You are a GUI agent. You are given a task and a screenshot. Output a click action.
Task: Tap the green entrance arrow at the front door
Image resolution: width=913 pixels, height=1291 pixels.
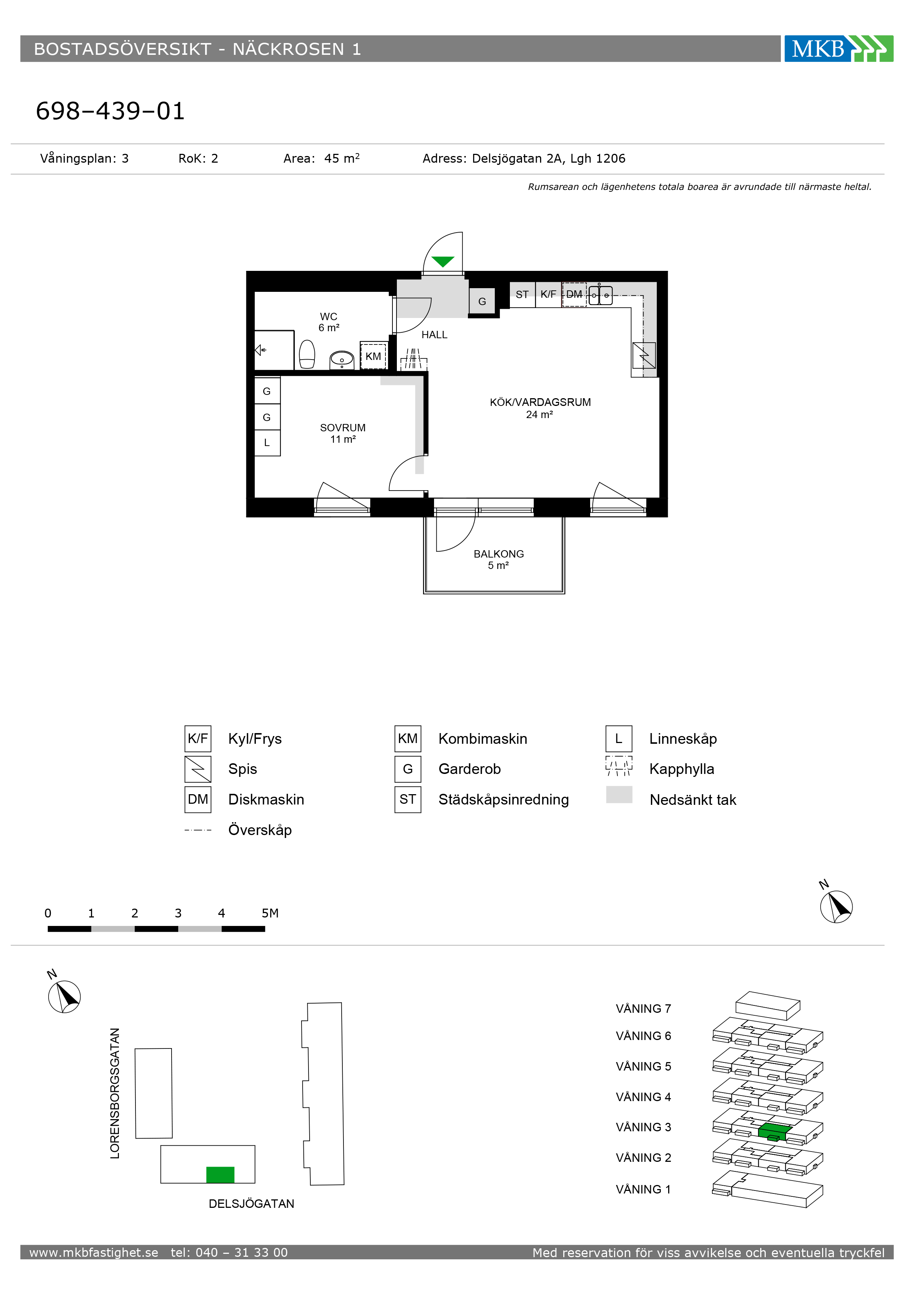tap(443, 261)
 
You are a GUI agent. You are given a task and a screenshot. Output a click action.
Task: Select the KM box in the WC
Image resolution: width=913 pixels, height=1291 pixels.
tap(373, 356)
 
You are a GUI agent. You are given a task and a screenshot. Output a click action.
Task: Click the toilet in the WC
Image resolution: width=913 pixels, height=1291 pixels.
tap(307, 354)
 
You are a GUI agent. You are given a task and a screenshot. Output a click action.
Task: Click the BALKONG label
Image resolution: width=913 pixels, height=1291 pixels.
tap(498, 554)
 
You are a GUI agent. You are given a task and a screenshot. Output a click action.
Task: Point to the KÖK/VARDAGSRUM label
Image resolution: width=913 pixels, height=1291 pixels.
tap(540, 402)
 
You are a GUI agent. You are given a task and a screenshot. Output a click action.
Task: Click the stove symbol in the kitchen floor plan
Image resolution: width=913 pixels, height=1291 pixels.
tap(644, 356)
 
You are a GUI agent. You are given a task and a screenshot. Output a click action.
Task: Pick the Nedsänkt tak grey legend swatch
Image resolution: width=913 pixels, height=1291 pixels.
tap(619, 795)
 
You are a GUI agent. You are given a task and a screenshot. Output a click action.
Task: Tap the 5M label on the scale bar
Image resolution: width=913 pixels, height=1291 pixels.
tap(270, 913)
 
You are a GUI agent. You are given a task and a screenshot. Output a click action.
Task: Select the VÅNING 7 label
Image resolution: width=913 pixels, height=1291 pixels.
tap(644, 1009)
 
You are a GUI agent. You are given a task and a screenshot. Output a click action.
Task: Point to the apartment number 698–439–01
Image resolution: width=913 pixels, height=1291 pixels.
tap(110, 111)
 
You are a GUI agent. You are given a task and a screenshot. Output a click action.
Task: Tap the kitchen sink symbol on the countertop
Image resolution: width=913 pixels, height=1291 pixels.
tap(600, 295)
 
